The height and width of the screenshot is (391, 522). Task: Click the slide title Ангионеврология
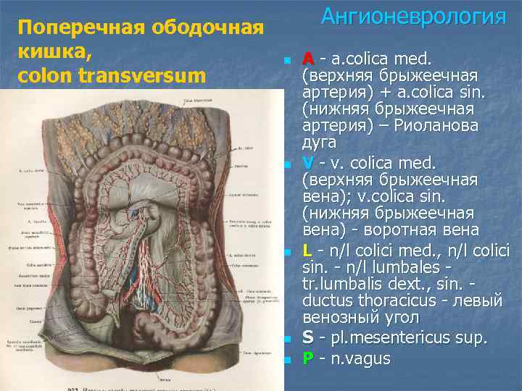point(413,16)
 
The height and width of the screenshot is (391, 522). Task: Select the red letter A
point(308,57)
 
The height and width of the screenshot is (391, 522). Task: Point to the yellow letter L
point(308,249)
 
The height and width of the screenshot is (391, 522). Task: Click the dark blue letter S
point(308,337)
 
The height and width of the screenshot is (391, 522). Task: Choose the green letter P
point(308,358)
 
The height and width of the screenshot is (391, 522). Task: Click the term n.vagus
point(360,358)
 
